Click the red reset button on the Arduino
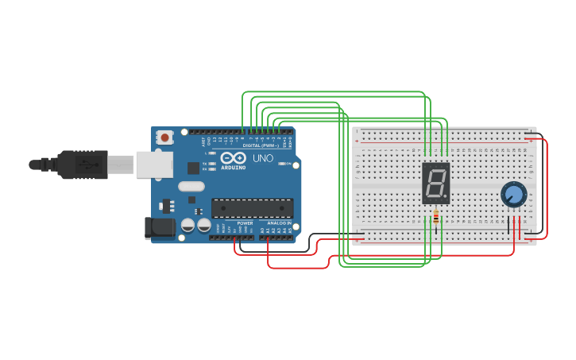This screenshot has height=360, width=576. coord(164,137)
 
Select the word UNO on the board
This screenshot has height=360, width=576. coord(263,158)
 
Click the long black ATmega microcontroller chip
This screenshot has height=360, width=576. coord(252,208)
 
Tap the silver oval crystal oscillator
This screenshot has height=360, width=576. coord(191,187)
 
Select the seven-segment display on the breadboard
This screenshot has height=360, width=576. coord(435,183)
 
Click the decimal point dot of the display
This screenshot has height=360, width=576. coord(446,196)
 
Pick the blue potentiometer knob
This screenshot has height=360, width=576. coord(513,194)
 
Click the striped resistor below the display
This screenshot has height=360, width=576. coord(436,216)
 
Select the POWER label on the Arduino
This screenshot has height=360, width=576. coord(245,223)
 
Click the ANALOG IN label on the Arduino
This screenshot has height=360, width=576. coord(277,223)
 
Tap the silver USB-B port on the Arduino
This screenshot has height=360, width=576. coord(154,165)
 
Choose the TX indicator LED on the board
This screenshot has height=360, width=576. coord(211,164)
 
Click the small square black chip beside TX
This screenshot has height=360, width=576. coord(193,168)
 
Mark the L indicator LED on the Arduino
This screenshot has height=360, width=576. coord(211,153)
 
